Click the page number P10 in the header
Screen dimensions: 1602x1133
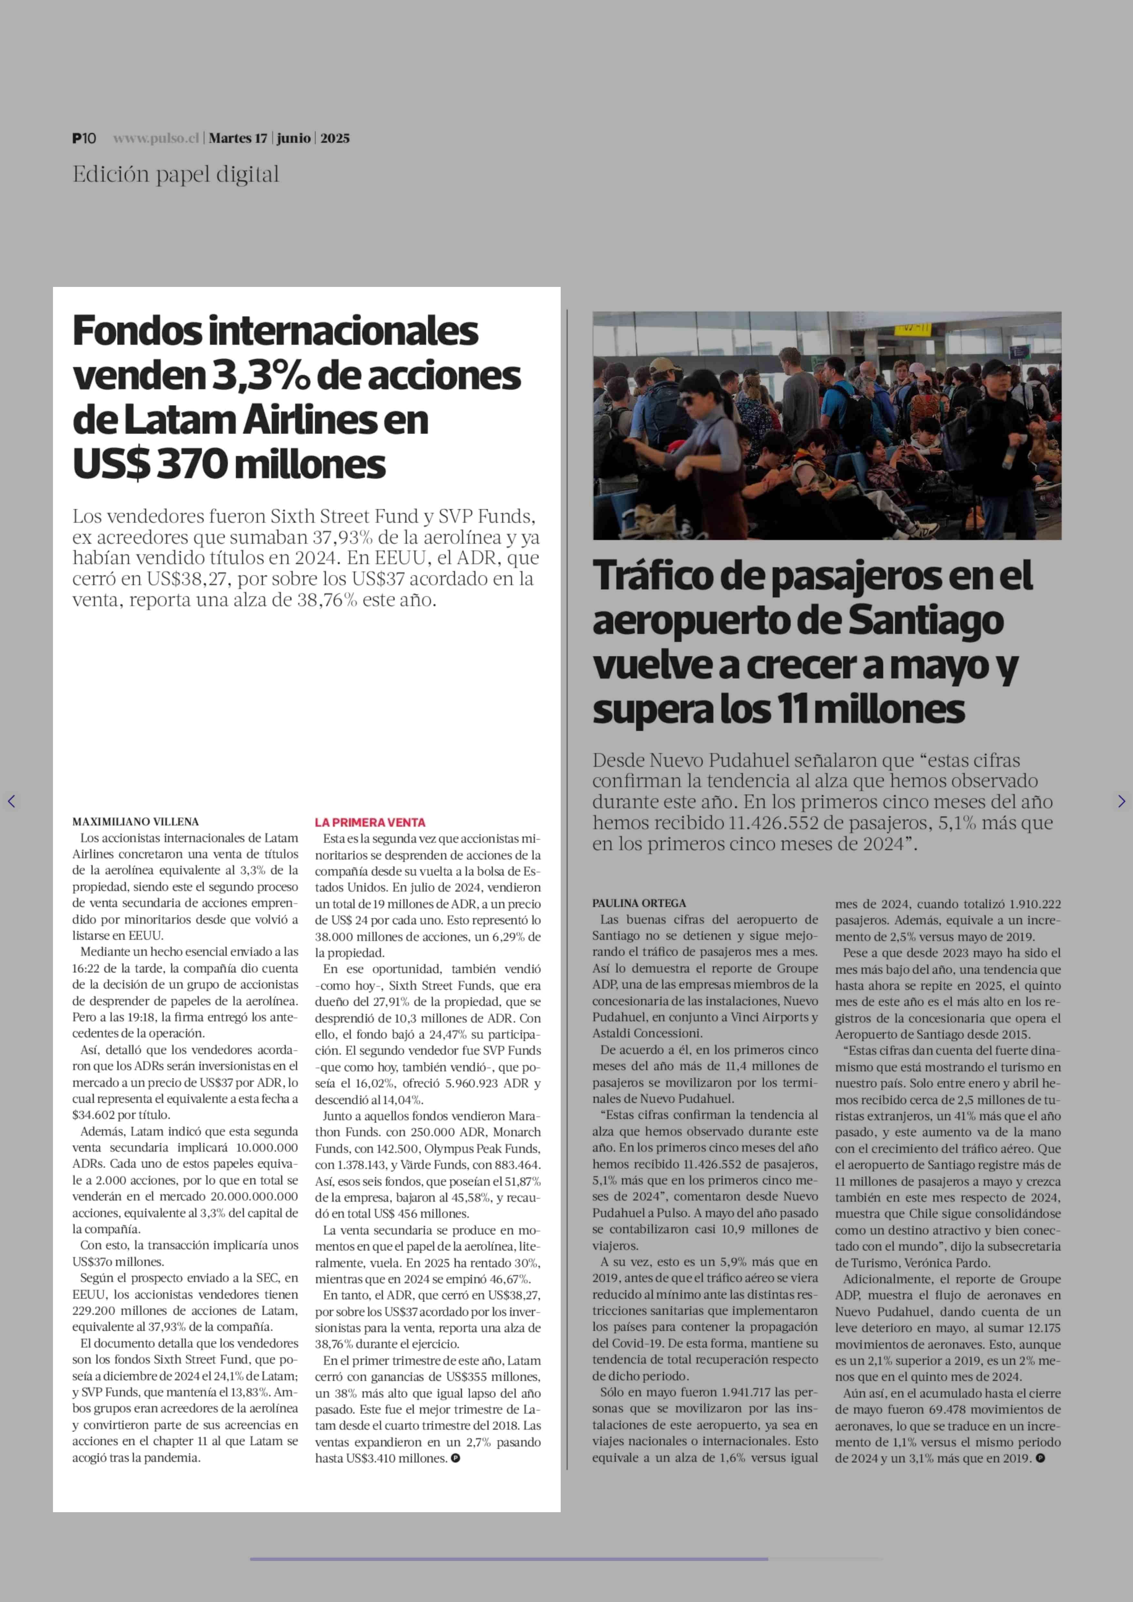click(84, 138)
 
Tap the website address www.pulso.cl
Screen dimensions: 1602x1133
click(156, 138)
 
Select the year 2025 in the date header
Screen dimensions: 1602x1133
click(335, 138)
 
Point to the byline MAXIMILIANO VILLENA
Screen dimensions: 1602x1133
click(135, 822)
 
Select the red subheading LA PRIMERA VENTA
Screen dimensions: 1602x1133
click(370, 822)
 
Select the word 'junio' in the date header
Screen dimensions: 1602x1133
click(294, 138)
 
